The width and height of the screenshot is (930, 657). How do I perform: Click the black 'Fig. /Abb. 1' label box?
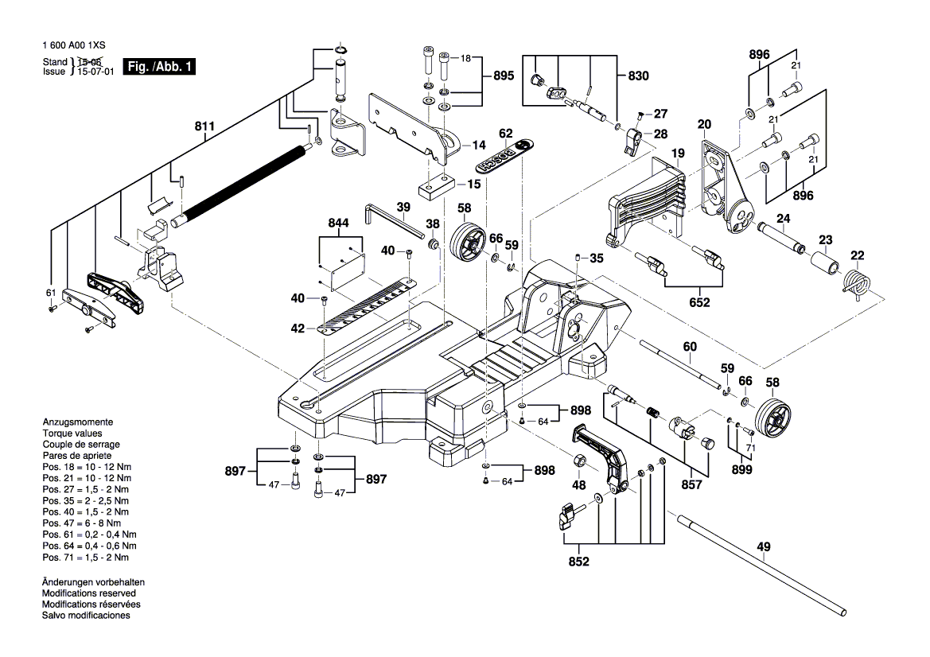(x=159, y=67)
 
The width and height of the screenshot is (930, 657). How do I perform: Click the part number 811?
(x=204, y=126)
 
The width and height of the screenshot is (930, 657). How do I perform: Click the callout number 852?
(x=578, y=562)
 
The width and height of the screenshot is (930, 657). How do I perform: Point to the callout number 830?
(x=638, y=76)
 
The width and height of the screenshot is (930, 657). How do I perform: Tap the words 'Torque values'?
(x=72, y=433)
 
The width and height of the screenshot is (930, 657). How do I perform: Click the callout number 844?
(x=339, y=225)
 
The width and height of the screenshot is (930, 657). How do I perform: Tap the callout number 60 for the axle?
(x=689, y=347)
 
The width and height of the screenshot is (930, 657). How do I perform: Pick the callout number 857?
(x=691, y=483)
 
